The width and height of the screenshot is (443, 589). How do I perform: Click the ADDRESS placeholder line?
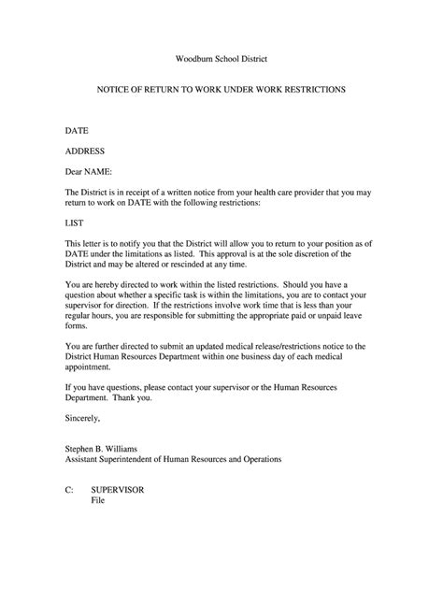pyautogui.click(x=84, y=151)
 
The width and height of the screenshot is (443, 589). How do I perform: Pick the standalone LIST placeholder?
pyautogui.click(x=73, y=224)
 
